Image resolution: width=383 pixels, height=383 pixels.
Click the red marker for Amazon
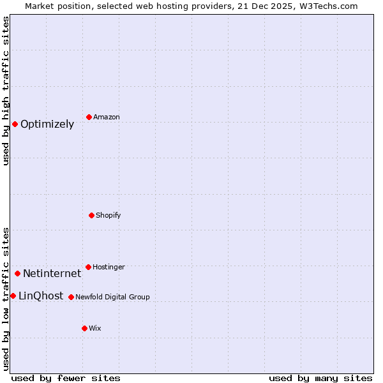89,117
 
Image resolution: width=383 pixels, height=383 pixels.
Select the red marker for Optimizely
15,124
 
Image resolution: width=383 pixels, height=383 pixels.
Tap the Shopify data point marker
91,215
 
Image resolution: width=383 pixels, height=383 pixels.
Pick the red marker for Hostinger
88,267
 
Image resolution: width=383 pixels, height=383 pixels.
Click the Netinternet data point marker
17,274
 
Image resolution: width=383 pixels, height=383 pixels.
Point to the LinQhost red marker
13,296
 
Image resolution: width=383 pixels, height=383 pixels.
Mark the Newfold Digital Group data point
71,297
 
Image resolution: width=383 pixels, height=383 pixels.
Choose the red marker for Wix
84,328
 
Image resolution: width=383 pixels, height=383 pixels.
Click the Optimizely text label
47,124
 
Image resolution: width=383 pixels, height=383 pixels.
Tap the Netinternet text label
52,274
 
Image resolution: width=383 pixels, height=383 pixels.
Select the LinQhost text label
41,296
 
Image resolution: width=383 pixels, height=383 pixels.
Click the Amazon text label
107,117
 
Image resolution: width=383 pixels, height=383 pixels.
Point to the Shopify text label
109,216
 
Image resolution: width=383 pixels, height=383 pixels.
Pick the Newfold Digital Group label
112,297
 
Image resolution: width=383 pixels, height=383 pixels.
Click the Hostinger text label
109,267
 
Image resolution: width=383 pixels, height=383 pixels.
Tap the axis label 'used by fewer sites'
66,379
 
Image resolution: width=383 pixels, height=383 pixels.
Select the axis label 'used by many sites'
320,379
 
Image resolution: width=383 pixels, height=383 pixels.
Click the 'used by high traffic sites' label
6,91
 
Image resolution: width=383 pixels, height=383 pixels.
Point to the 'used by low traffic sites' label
6,299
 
